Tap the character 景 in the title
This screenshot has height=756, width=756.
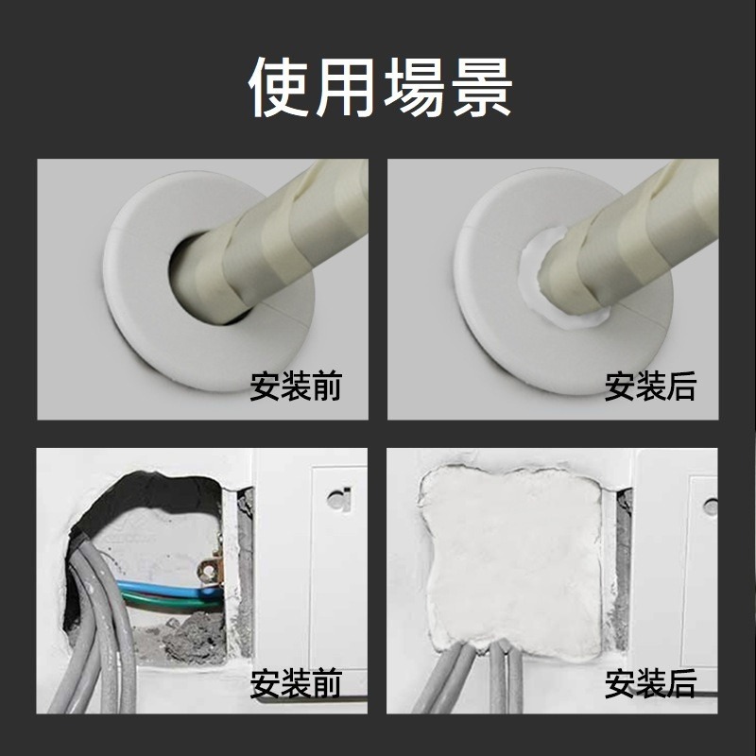point(478,88)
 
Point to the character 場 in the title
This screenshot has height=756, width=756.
point(412,88)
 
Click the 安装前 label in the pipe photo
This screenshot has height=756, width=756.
point(296,387)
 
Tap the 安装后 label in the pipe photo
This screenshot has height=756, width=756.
point(650,387)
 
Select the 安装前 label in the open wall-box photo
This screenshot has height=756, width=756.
point(296,682)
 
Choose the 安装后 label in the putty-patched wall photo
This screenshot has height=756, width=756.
point(650,682)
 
